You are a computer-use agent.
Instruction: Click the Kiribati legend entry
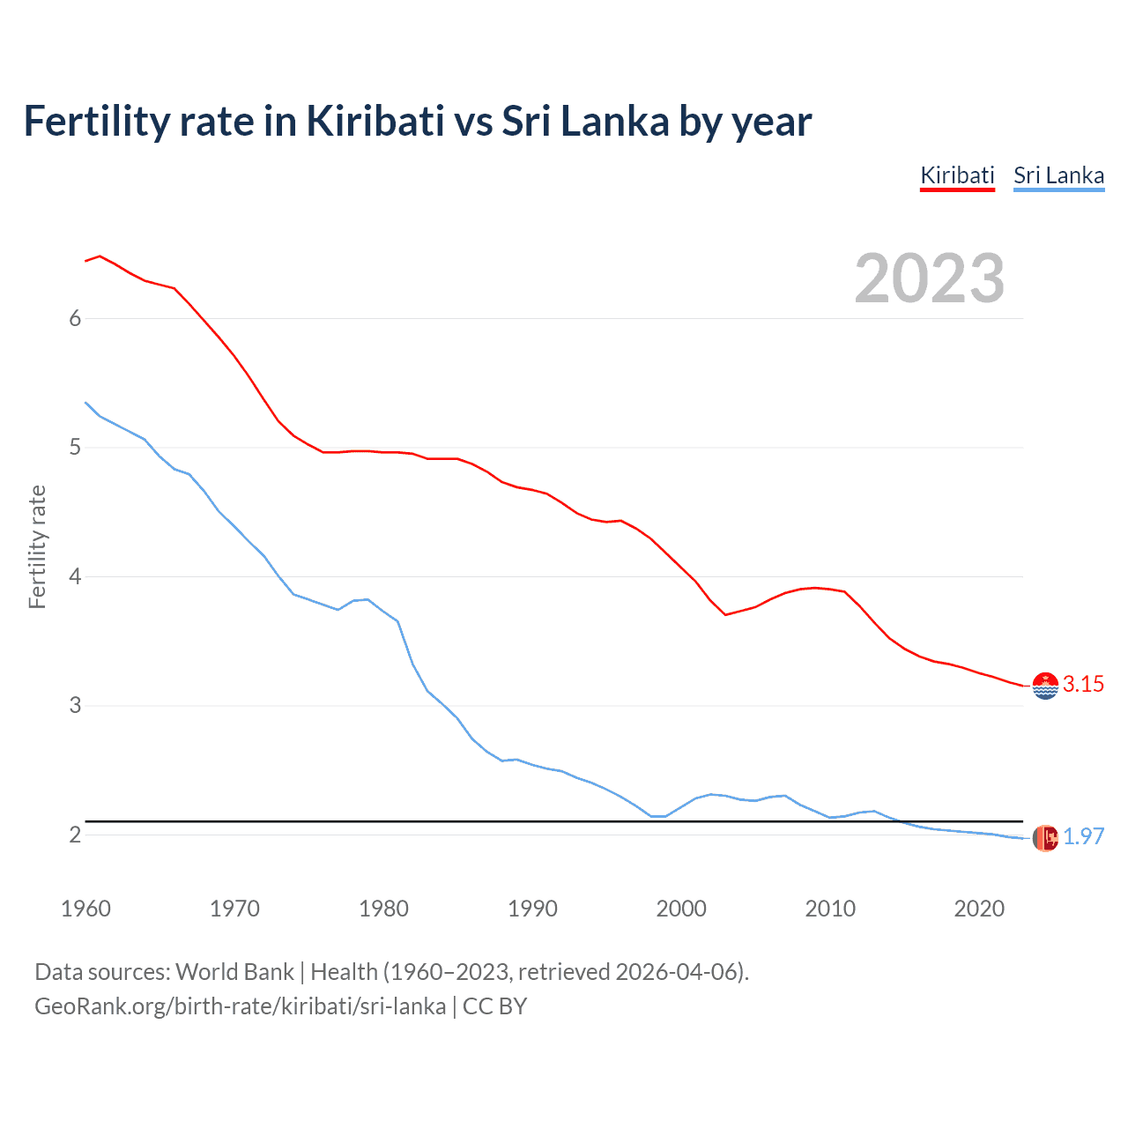tap(957, 175)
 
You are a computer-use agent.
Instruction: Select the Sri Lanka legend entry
tap(1058, 175)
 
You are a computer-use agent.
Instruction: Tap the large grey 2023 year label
tap(930, 278)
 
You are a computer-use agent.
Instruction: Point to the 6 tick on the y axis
tap(75, 318)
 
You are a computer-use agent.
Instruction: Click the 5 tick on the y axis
tap(75, 448)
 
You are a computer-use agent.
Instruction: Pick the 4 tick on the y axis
tap(75, 576)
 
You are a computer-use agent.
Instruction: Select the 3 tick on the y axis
tap(75, 706)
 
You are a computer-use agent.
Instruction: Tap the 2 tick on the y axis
tap(75, 835)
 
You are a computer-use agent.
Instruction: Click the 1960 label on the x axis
tap(85, 909)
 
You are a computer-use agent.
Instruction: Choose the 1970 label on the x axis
tap(234, 909)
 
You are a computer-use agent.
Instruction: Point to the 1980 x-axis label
tap(383, 909)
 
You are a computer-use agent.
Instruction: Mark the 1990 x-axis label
tap(532, 909)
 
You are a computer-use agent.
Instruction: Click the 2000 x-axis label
tap(681, 909)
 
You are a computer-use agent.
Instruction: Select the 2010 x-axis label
tap(830, 909)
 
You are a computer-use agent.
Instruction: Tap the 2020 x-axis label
tap(979, 909)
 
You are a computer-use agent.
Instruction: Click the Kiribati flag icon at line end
tap(1045, 686)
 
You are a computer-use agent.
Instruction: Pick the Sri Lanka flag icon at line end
tap(1045, 838)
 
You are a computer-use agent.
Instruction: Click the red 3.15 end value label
tap(1083, 685)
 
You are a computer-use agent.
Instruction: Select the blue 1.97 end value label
tap(1083, 837)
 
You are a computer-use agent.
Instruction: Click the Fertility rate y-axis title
tap(37, 546)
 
